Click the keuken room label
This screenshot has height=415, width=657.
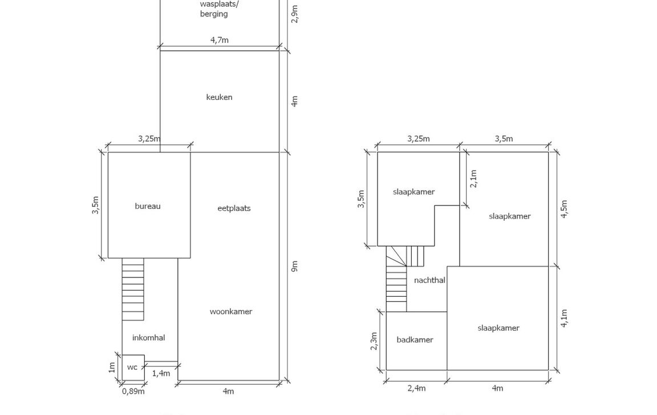(219, 97)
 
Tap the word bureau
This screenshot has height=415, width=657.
(148, 206)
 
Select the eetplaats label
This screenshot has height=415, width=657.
(234, 208)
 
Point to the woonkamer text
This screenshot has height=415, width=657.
(230, 312)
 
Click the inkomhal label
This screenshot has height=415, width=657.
(148, 338)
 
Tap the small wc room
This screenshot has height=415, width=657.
(132, 367)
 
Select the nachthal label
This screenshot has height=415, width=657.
(429, 280)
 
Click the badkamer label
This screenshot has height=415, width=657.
(415, 340)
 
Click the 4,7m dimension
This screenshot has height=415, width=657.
(220, 40)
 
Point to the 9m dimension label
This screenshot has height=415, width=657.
(295, 266)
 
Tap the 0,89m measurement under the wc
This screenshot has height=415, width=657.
(133, 392)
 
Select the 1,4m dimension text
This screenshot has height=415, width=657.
(161, 373)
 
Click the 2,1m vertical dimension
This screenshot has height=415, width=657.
(474, 178)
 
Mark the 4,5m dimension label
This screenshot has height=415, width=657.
(564, 209)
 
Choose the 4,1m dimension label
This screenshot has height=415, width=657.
(564, 318)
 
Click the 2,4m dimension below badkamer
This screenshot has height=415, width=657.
(416, 388)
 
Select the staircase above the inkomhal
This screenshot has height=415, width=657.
(133, 289)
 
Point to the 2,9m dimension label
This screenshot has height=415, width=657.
(295, 14)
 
